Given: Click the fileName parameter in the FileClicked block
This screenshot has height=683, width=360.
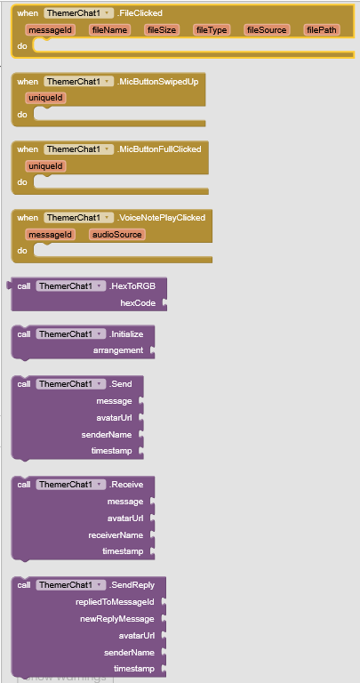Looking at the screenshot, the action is point(109,29).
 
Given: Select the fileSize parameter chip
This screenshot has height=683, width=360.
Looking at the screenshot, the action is point(162,29).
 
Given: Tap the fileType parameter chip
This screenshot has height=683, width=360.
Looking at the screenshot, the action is point(212,29).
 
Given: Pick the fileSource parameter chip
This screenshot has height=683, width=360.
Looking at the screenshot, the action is point(267,29).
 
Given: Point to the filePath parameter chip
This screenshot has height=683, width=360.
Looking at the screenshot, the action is point(322,29).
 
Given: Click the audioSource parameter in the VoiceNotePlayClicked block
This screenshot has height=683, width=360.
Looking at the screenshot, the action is point(117,235).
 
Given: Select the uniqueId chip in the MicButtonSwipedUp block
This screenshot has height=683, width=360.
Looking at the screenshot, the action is point(45,98).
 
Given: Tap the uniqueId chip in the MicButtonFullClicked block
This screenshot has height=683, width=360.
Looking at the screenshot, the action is point(45,166).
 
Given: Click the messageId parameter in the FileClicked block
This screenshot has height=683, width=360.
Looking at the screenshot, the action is point(51,29).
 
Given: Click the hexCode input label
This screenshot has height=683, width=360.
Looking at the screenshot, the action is point(138,303).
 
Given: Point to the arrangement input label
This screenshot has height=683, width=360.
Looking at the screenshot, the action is point(118,350).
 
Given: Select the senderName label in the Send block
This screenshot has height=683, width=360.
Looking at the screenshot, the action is point(106,434).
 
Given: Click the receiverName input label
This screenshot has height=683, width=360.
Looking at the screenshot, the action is point(116,534).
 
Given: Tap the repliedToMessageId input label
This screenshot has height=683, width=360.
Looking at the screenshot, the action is point(115,602).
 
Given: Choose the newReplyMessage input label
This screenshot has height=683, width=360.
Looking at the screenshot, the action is point(117,619).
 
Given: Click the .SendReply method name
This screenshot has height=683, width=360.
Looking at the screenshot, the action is point(132,584).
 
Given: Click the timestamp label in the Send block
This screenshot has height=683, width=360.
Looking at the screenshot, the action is point(111,451).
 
